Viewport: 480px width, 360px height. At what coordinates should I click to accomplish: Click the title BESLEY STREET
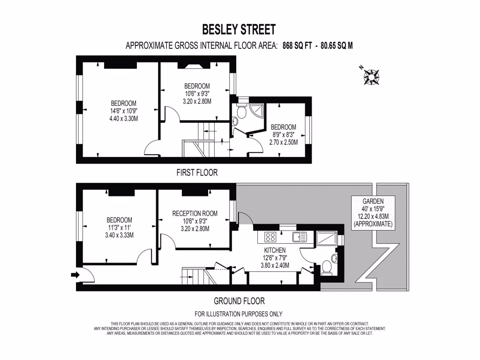pos(239,30)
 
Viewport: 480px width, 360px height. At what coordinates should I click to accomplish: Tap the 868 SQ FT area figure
pos(297,46)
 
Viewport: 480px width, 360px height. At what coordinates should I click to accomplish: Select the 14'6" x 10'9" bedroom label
pos(124,111)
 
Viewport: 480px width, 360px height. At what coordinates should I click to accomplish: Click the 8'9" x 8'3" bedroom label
pos(283,135)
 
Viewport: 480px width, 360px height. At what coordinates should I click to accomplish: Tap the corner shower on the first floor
pos(255,109)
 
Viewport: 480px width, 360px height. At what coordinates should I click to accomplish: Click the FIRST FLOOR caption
pos(197,172)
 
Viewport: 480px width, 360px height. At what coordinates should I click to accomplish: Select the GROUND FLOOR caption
pos(239,301)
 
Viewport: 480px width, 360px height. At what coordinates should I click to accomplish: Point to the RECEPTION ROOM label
pos(195,221)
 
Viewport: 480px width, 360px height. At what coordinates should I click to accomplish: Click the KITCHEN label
pos(274,258)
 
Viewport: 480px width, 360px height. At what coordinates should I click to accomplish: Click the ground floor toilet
pos(327,267)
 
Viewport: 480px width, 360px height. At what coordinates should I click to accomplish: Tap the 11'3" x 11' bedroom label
pos(119,227)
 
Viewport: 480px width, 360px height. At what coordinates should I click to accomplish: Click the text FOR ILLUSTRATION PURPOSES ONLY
pos(238,314)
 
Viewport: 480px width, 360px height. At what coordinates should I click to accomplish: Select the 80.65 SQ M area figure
pos(336,46)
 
